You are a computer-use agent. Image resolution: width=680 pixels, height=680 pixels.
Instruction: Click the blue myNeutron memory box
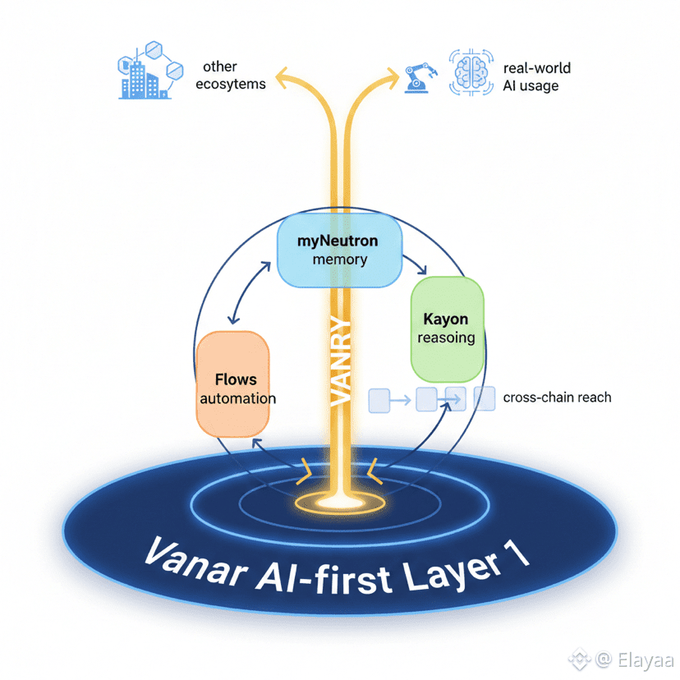(339, 249)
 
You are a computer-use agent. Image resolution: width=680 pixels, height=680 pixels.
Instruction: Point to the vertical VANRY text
(339, 361)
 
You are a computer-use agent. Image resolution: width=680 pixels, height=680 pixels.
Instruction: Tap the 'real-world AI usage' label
(536, 76)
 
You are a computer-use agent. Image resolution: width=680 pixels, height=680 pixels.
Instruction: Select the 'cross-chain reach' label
(557, 397)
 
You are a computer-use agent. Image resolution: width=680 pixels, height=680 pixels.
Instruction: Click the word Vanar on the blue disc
(191, 563)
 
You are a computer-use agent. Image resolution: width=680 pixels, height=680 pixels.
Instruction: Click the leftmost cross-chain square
(379, 400)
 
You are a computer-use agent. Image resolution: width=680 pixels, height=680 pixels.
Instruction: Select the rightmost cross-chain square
(485, 398)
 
